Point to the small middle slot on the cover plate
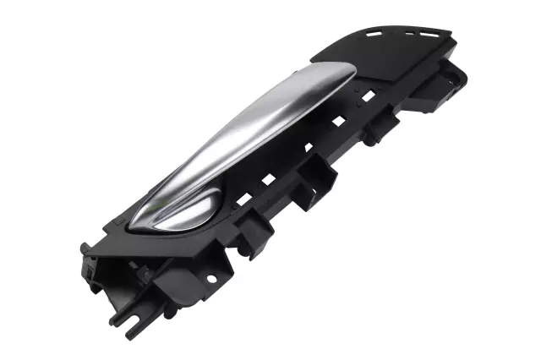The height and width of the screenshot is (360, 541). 411,35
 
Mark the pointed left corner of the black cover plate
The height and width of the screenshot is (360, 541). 314,60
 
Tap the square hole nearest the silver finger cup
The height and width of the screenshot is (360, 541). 243,199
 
